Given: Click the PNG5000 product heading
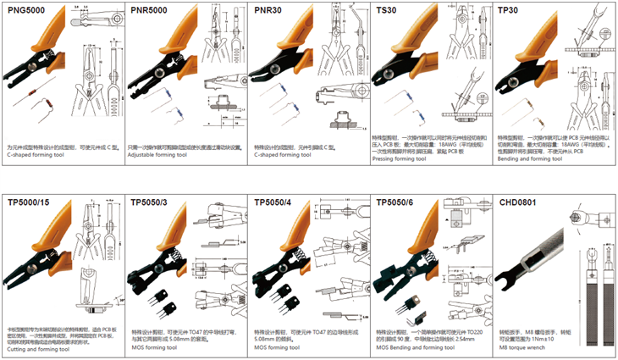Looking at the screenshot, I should (x=27, y=10).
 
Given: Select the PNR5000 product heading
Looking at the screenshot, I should (x=151, y=10).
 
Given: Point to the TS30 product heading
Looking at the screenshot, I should (x=386, y=10).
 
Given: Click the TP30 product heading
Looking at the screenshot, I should (x=509, y=10).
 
